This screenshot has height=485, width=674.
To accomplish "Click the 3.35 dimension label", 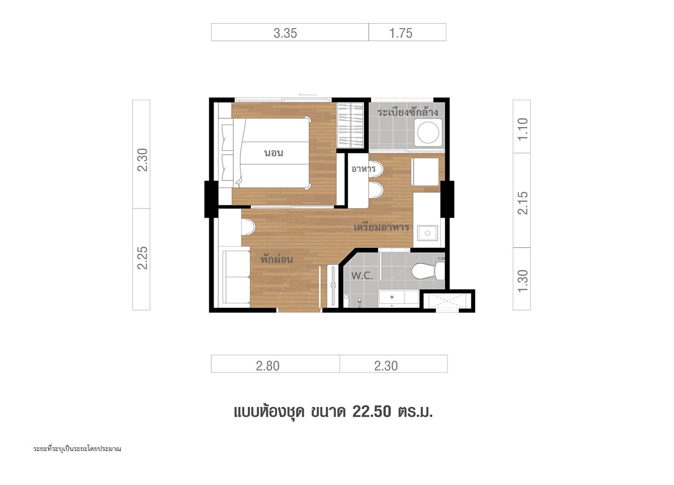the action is pos(285,33).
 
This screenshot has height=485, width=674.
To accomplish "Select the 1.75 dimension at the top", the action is pos(401,33).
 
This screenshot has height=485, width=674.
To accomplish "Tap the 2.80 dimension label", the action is pos(268,366).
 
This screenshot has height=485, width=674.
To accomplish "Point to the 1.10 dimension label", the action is pos(523,129).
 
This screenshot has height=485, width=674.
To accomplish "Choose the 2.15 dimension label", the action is pos(523,203).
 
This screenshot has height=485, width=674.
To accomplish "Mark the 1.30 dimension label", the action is pos(523,281).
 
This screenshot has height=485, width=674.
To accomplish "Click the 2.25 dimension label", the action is pos(143,258).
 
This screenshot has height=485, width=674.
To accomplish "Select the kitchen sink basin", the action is pos(427,233).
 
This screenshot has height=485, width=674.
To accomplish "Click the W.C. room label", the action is pos(362,275).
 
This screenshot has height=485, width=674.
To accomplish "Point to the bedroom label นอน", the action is pos(274,153).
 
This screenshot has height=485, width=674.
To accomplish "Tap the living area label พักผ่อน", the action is pos(277,259).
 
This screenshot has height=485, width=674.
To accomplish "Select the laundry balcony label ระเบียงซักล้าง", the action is pos(408,112).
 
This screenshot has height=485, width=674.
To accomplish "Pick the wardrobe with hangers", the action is pos(350,125).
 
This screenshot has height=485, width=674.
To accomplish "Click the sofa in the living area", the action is pos(235,277).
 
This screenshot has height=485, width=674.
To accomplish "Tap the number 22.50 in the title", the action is pos(372,412).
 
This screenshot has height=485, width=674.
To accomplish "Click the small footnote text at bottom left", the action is pos(77,449).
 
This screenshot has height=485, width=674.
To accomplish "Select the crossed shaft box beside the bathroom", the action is pos(446,301).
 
